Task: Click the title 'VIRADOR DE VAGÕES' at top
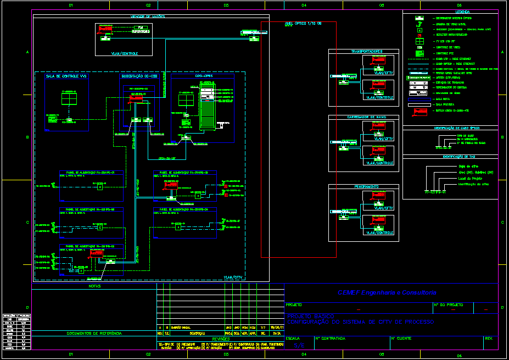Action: pyautogui.click(x=148, y=16)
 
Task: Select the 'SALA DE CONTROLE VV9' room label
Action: pyautogui.click(x=66, y=76)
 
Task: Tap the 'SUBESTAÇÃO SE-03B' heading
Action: pyautogui.click(x=139, y=76)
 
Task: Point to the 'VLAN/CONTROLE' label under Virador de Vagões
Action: pyautogui.click(x=124, y=53)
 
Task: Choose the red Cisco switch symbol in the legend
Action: pyautogui.click(x=420, y=112)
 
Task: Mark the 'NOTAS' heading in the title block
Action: pyautogui.click(x=94, y=286)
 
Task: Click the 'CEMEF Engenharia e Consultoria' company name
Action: pyautogui.click(x=387, y=292)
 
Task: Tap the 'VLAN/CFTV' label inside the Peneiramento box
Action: pyautogui.click(x=384, y=208)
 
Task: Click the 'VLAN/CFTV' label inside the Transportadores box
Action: pyautogui.click(x=384, y=73)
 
